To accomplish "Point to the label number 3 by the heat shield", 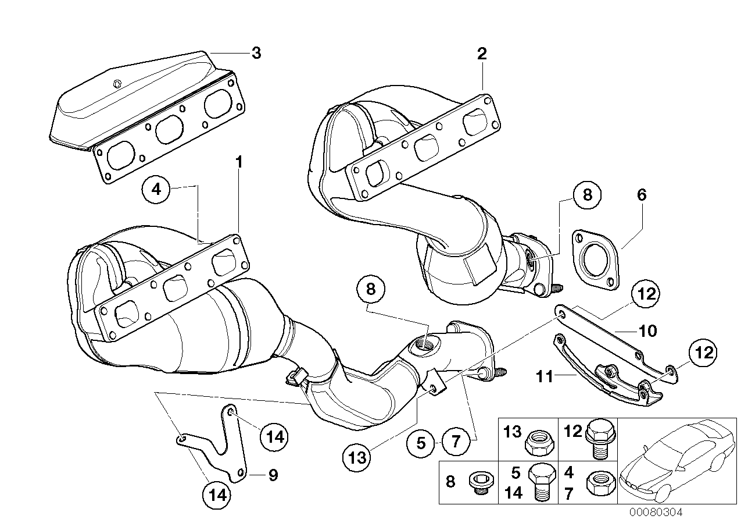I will (x=256, y=54).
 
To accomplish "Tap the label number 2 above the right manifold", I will (x=481, y=54).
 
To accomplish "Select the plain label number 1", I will (x=238, y=161).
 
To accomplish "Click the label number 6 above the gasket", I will (x=641, y=195).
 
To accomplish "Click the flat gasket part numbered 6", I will (x=594, y=260).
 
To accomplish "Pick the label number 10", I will (x=647, y=331).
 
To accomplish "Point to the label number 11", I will (x=544, y=376).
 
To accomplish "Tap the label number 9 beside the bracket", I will (x=273, y=475).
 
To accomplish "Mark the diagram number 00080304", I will (x=656, y=513).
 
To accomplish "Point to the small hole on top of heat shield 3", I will (x=117, y=82).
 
